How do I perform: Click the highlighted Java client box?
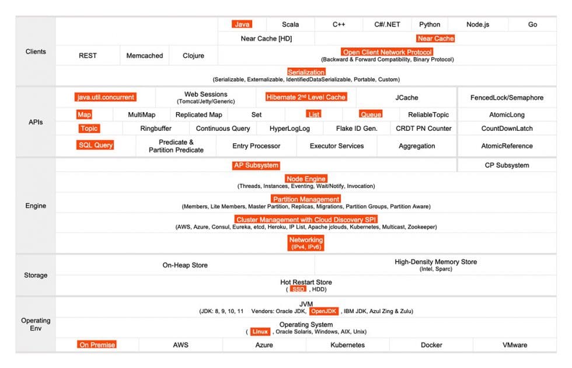[x=242, y=25]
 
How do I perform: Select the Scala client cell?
[x=290, y=25]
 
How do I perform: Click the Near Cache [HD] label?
[x=266, y=39]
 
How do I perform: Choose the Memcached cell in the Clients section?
[x=145, y=56]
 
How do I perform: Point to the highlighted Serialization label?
[x=306, y=72]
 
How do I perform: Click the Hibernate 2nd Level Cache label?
[x=306, y=98]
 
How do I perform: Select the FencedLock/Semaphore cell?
[x=507, y=98]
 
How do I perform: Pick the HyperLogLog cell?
[x=290, y=129]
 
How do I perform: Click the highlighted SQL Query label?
[x=96, y=145]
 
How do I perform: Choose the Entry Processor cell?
[x=256, y=146]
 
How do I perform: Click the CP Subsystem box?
[x=507, y=165]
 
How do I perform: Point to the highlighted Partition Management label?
[x=306, y=199]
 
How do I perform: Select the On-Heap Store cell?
[x=185, y=265]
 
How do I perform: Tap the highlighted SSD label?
[x=298, y=289]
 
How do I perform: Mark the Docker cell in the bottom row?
[x=431, y=345]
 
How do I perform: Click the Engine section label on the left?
[x=36, y=206]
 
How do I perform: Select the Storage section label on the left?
[x=36, y=275]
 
